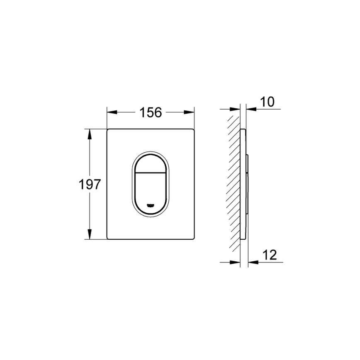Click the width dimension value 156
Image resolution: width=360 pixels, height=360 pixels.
[151, 112]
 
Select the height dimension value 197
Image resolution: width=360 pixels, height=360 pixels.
[90, 184]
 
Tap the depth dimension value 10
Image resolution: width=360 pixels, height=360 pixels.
[268, 102]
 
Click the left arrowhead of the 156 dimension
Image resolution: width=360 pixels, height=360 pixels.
[111, 112]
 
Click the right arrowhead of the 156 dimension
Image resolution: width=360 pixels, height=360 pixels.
[191, 112]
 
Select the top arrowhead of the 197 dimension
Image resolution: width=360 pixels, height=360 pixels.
[89, 133]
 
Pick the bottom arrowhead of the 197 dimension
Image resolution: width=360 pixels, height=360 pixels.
[89, 236]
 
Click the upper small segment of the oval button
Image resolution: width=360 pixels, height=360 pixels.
[151, 162]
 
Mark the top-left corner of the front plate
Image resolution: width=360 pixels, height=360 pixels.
[108, 130]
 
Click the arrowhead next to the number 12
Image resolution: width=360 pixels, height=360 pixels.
[252, 262]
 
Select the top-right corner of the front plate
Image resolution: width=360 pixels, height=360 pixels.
[194, 130]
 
